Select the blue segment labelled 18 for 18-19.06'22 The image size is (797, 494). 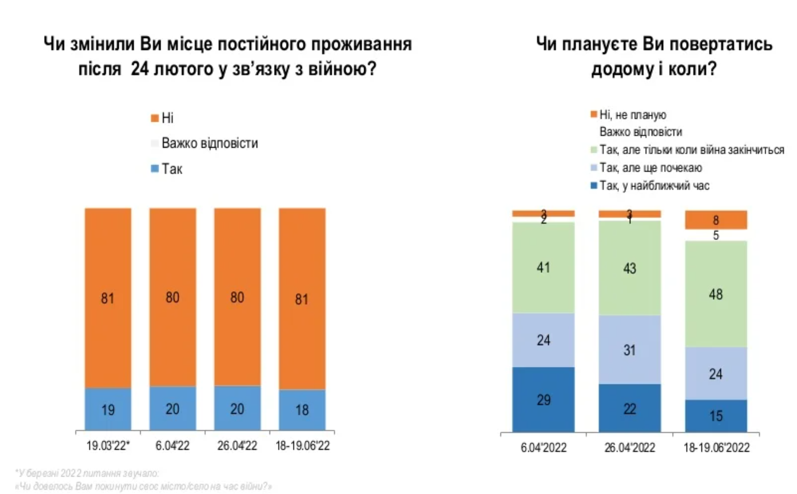click(x=302, y=410)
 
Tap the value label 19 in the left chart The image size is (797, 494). click(x=108, y=410)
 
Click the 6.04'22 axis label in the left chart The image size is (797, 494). click(x=172, y=445)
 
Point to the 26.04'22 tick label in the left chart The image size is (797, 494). click(x=237, y=445)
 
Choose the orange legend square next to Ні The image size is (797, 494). click(x=155, y=118)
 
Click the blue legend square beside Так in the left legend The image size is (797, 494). click(x=155, y=169)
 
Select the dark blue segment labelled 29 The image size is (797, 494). click(x=543, y=400)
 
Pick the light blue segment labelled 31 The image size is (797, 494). click(x=629, y=350)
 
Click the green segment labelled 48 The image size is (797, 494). click(x=716, y=294)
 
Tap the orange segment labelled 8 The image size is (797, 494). click(x=716, y=220)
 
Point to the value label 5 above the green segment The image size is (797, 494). click(x=716, y=236)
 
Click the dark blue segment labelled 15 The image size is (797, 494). click(x=716, y=416)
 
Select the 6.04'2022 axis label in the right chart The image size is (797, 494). click(x=543, y=448)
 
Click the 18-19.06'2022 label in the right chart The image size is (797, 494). click(x=717, y=448)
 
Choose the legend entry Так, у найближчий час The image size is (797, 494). click(x=654, y=186)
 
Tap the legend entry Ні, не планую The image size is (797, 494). click(x=633, y=115)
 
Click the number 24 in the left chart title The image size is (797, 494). click(x=139, y=69)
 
